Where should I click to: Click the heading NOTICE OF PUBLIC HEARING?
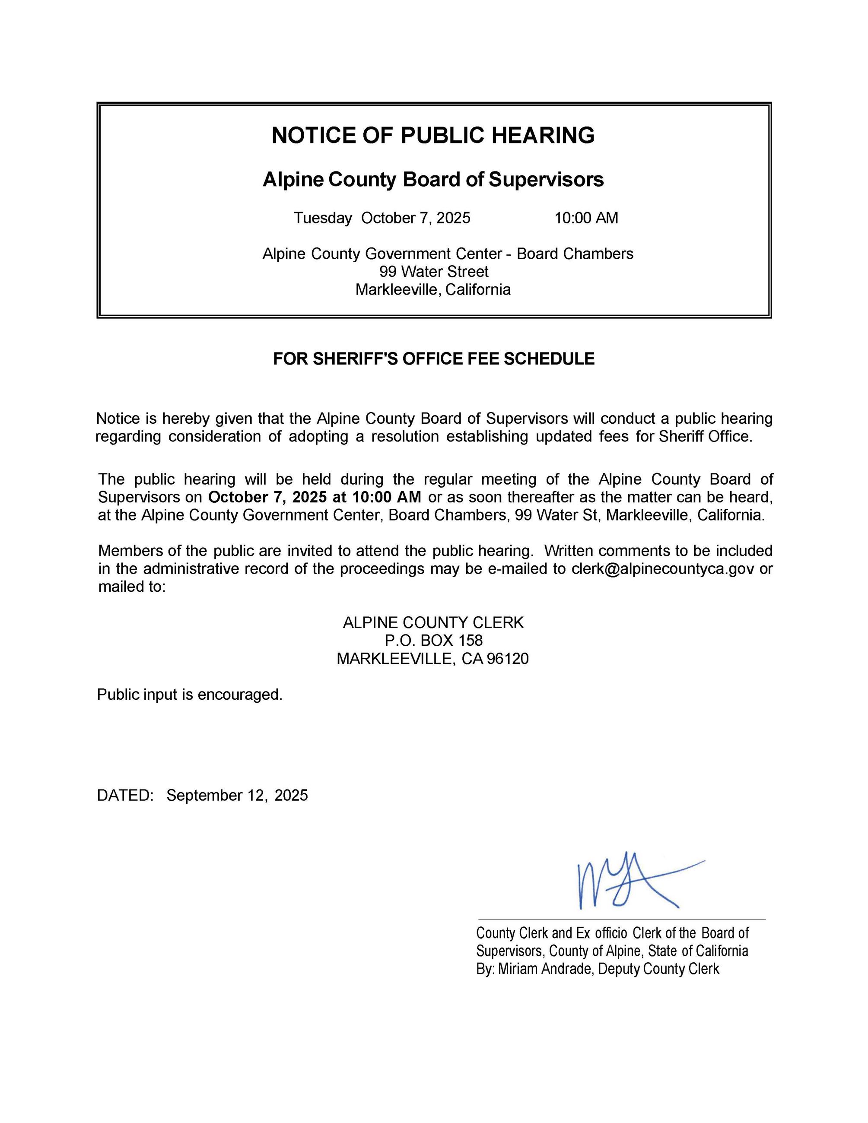click(x=433, y=135)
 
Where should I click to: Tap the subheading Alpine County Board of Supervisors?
click(x=433, y=179)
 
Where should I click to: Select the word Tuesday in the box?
click(x=322, y=218)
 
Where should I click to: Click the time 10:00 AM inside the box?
click(x=586, y=218)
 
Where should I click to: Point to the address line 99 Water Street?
click(x=433, y=272)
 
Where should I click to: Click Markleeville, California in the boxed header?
click(x=433, y=290)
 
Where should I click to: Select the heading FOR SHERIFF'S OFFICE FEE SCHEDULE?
click(x=433, y=359)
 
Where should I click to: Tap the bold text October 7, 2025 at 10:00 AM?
click(x=315, y=497)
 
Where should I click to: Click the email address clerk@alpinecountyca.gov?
click(x=663, y=569)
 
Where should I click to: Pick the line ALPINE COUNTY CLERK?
click(x=433, y=623)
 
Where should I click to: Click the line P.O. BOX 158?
click(x=433, y=641)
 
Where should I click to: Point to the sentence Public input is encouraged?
click(x=190, y=695)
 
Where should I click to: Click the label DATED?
click(x=125, y=796)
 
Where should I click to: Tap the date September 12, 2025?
click(x=237, y=796)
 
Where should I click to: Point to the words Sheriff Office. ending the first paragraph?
click(x=706, y=437)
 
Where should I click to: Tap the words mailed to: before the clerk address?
click(x=132, y=587)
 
